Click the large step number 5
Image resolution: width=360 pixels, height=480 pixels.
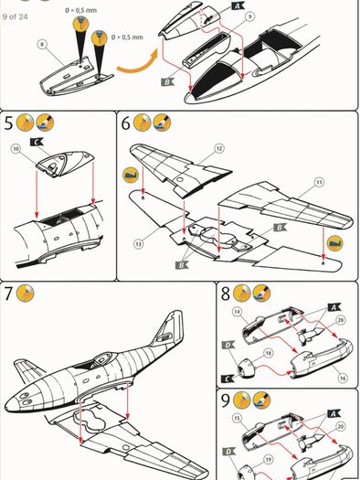tap(8, 123)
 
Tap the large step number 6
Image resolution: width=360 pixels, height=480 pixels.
tap(126, 123)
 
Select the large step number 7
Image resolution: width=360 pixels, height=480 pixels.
tap(8, 293)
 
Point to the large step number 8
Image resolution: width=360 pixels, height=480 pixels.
tap(226, 293)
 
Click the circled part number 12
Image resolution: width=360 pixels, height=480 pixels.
tap(219, 149)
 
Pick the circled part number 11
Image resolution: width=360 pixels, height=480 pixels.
tap(319, 183)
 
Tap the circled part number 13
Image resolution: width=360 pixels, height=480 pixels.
tap(139, 244)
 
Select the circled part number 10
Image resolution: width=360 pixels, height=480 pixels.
tap(16, 149)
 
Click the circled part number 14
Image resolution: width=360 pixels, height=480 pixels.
tap(237, 312)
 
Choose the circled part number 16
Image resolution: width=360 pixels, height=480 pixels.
tap(343, 379)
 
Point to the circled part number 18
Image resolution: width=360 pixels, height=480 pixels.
tap(269, 353)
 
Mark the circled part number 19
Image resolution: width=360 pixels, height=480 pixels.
tap(269, 460)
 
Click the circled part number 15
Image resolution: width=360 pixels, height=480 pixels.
tap(237, 418)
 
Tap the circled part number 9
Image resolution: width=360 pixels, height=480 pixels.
tap(249, 16)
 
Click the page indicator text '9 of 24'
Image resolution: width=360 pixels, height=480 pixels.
tap(15, 16)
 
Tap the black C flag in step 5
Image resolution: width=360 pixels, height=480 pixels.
tap(37, 142)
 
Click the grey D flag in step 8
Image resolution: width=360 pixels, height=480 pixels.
tap(228, 346)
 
